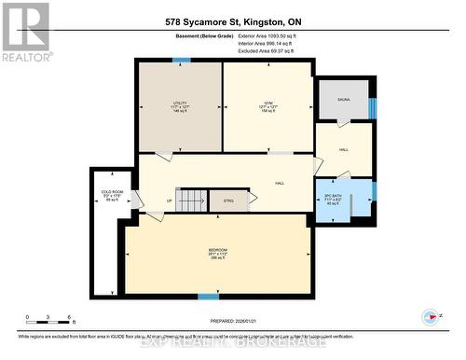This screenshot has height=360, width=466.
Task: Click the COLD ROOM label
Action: click(113, 195)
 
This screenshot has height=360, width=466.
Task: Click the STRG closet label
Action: click(228, 200)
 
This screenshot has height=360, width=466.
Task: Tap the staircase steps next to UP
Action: click(191, 200)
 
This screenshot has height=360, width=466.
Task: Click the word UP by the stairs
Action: click(169, 200)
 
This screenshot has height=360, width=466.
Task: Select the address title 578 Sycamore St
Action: click(232, 21)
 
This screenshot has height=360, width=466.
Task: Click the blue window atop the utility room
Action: click(182, 60)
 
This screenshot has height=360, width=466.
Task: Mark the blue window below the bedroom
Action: click(209, 297)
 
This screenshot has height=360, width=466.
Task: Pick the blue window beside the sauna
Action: click(372, 107)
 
